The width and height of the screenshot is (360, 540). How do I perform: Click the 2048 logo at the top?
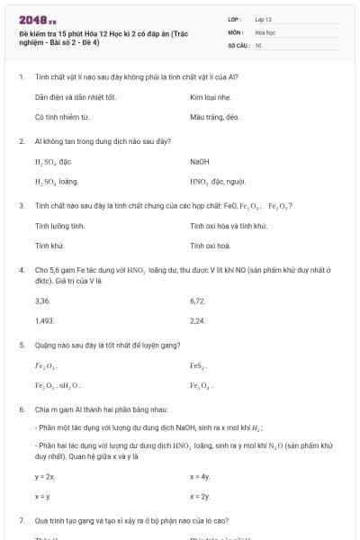37,19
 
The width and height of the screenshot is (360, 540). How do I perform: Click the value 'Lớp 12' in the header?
263,18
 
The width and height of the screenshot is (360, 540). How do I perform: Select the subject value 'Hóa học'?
265,31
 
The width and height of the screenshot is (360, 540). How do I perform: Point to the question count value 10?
258,44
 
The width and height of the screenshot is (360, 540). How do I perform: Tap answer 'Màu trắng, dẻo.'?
214,117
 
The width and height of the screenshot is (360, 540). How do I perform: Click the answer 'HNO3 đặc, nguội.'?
211,182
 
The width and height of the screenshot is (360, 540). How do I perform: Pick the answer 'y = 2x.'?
45,476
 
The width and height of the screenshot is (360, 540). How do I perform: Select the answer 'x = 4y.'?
200,476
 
